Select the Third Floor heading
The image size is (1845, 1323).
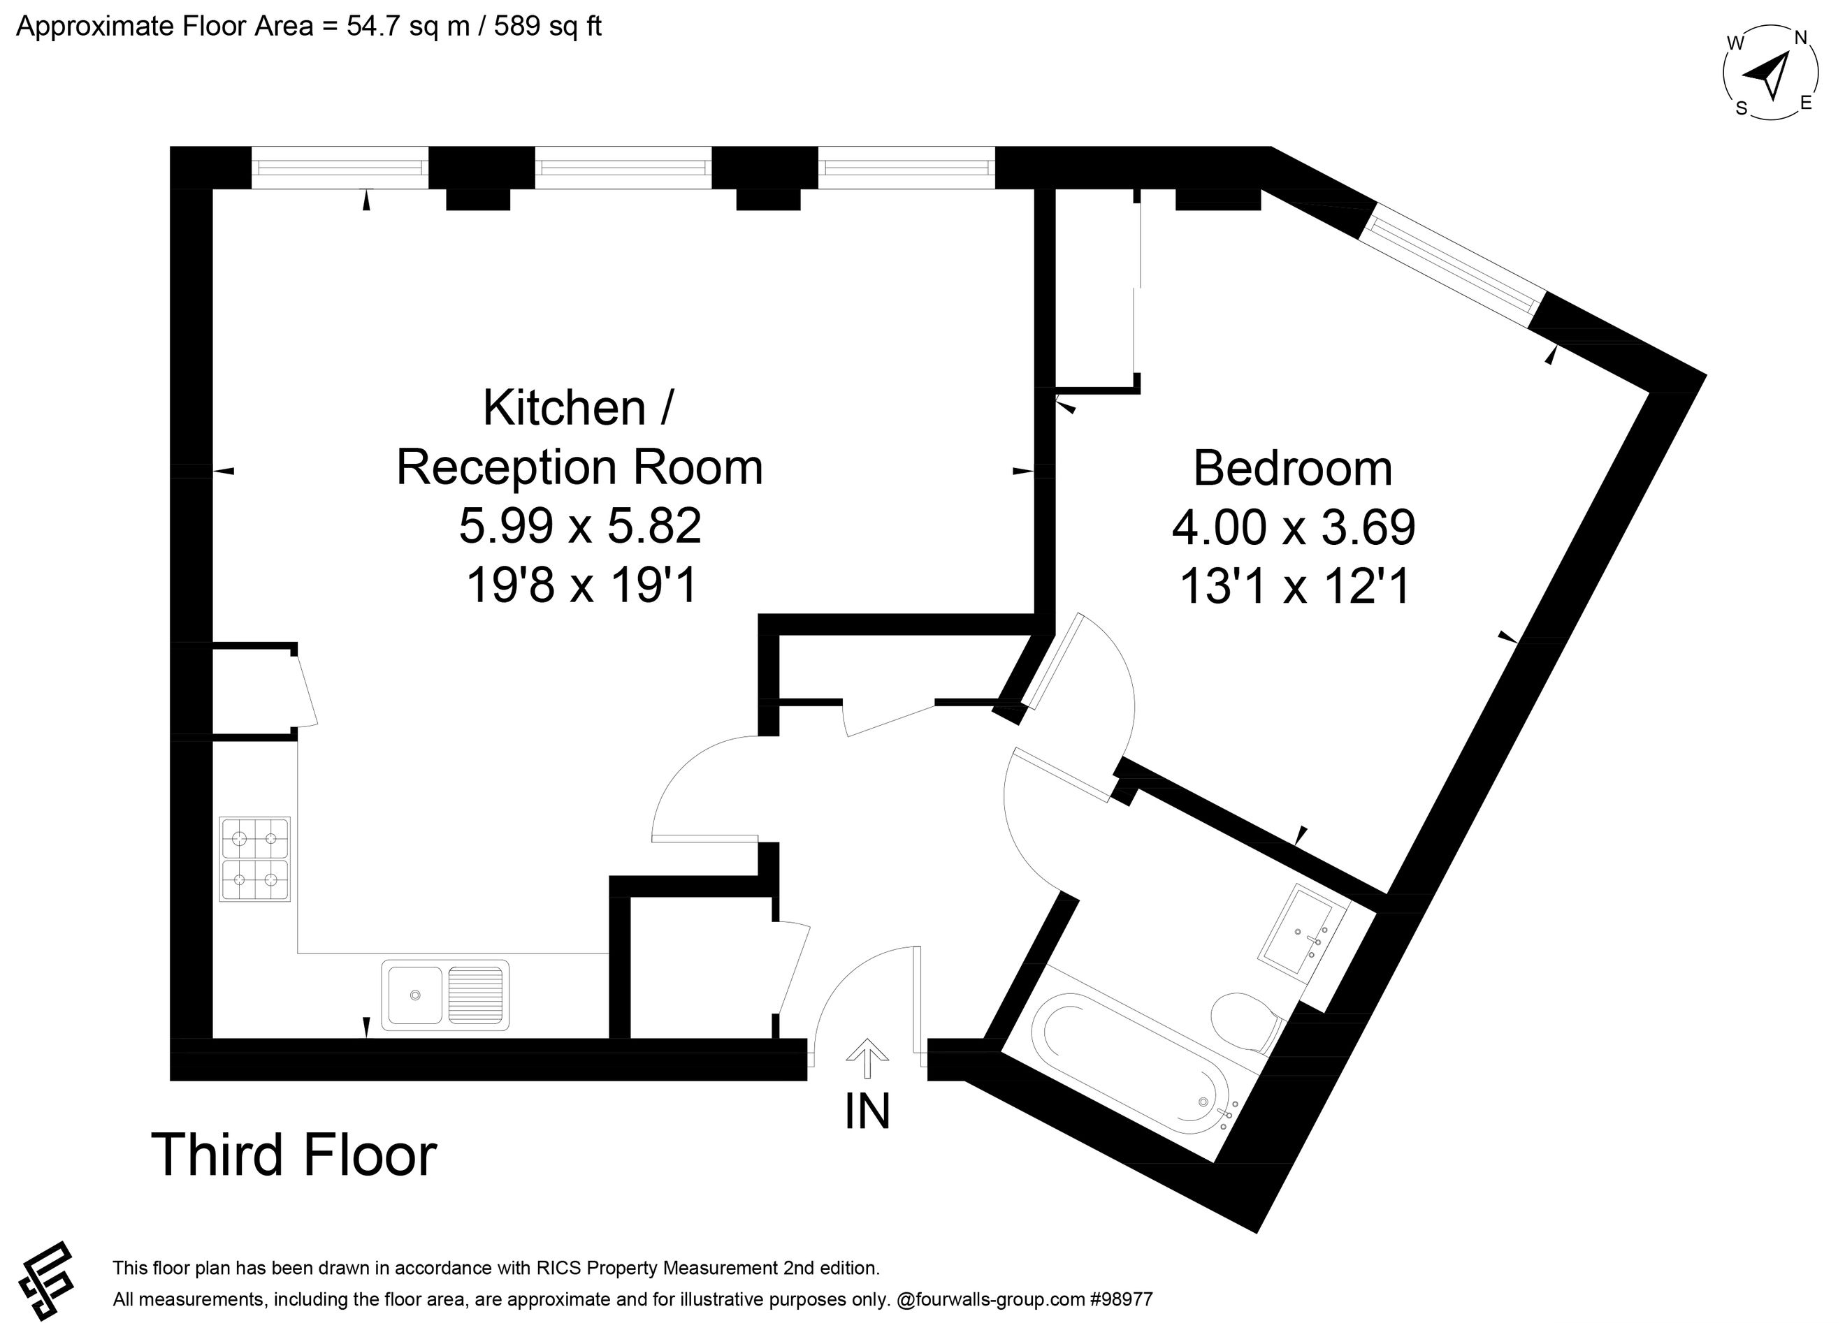click(x=294, y=1155)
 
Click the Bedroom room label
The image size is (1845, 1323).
click(x=1293, y=469)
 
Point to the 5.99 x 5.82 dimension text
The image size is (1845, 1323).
click(x=580, y=525)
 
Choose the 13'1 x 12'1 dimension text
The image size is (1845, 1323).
click(x=1294, y=585)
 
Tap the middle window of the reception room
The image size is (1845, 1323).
click(x=623, y=168)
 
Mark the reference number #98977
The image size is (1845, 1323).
click(x=1121, y=1299)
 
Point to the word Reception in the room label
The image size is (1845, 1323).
click(x=510, y=469)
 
